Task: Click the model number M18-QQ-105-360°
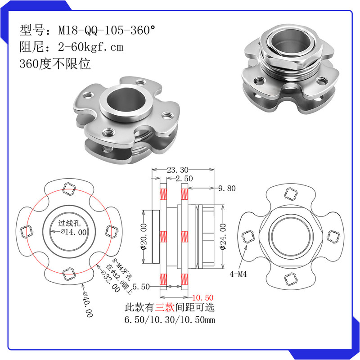click(107, 30)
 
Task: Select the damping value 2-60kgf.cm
click(91, 47)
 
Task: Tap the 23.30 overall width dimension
click(177, 170)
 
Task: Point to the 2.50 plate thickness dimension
click(184, 178)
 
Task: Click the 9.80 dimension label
click(227, 188)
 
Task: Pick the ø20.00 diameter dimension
click(143, 237)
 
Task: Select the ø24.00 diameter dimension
click(223, 237)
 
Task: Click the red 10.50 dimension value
click(203, 297)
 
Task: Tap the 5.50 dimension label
click(141, 287)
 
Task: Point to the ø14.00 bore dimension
click(74, 232)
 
